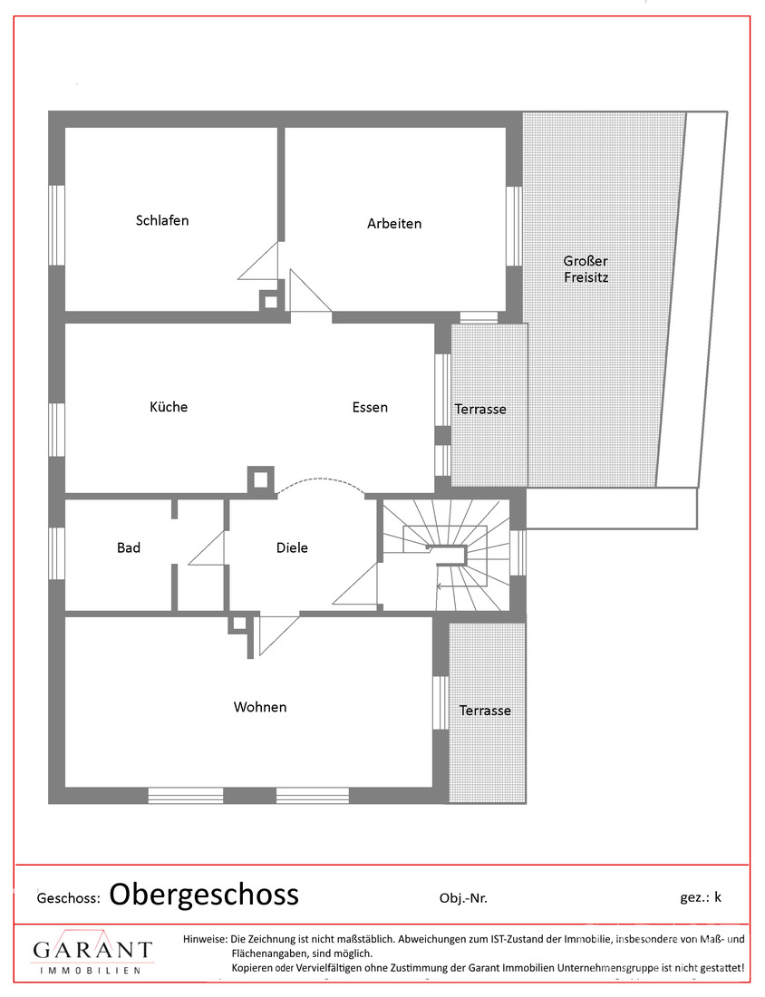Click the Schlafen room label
click(x=162, y=220)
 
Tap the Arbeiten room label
click(x=394, y=223)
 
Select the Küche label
click(x=169, y=407)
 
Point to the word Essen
click(x=370, y=407)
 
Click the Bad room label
click(x=129, y=547)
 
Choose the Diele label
click(x=292, y=547)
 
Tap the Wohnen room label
click(x=260, y=707)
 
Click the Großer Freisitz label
click(x=586, y=269)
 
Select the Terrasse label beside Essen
click(x=480, y=410)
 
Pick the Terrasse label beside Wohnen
click(x=485, y=711)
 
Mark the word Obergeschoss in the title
click(x=204, y=895)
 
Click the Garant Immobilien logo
click(x=92, y=954)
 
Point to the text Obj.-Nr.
click(x=462, y=898)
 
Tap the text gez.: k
click(x=701, y=897)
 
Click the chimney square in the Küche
click(x=261, y=479)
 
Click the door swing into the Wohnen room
click(x=275, y=634)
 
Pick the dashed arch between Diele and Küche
click(x=322, y=484)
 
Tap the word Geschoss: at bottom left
click(x=69, y=898)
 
